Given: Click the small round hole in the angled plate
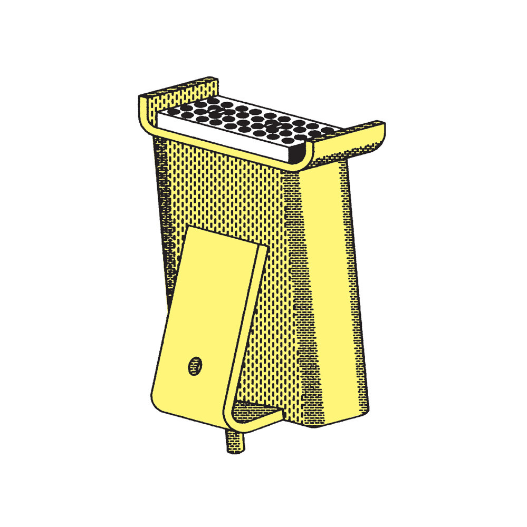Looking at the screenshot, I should click(196, 365).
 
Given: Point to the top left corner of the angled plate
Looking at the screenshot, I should click(189, 228).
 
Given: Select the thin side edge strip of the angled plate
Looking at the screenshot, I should click(248, 327).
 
